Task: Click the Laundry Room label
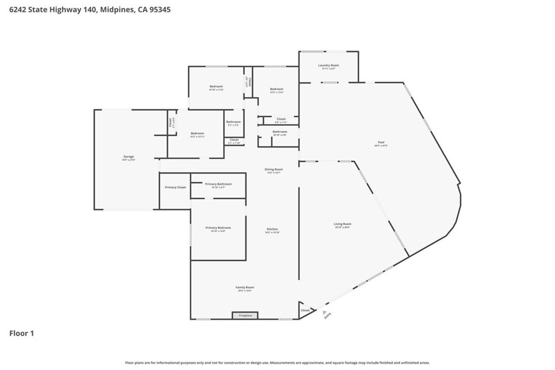[328, 65]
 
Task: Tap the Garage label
[128, 157]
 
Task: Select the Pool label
[381, 143]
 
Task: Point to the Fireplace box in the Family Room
[245, 315]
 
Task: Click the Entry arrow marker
[325, 312]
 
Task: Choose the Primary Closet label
[175, 187]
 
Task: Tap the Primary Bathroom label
[218, 184]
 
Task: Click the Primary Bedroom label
[218, 228]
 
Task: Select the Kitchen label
[272, 229]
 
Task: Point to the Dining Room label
[274, 169]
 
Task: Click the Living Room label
[343, 224]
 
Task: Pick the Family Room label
[244, 288]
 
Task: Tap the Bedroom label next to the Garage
[197, 133]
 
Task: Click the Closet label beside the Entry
[305, 310]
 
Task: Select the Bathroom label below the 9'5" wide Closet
[280, 132]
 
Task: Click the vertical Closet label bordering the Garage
[170, 122]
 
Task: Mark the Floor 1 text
[22, 334]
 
